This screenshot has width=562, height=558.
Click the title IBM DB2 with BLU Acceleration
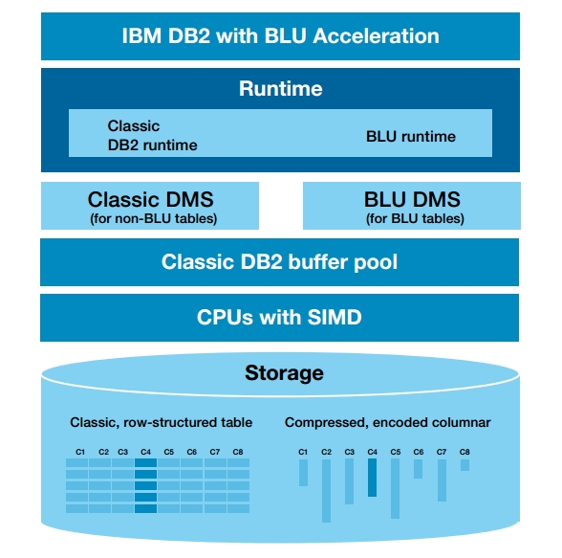point(281,35)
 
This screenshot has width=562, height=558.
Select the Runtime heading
point(281,89)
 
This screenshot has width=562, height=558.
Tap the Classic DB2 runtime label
point(152,136)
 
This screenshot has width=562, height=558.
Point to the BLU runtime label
point(411,136)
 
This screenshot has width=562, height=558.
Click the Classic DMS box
point(150,206)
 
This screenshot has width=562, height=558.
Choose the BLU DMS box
point(412,206)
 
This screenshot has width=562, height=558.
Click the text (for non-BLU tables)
point(153,218)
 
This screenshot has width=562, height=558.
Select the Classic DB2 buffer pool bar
point(279,262)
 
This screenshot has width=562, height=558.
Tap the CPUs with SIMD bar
point(279,318)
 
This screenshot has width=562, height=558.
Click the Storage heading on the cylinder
point(284,373)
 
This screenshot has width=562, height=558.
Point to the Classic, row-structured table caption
point(161,422)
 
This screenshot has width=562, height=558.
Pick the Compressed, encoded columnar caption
point(387,422)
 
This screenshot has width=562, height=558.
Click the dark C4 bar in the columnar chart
point(373,478)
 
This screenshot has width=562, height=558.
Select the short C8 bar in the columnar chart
point(465,465)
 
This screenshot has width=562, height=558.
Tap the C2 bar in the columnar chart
point(326,491)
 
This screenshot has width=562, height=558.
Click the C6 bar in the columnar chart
point(418,469)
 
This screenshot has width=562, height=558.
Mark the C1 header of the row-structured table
point(80,452)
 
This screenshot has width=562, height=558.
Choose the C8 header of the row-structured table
point(238,452)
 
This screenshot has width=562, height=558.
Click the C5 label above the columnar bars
point(396,452)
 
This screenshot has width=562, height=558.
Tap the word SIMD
point(335,317)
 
